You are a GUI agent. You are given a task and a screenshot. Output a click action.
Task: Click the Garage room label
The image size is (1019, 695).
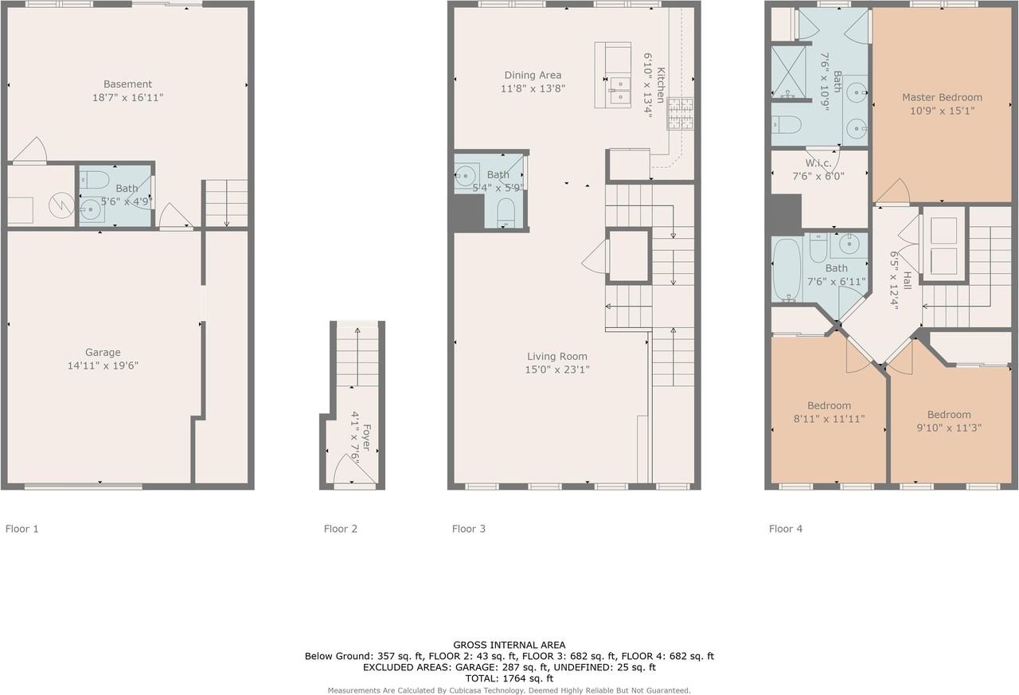click(103, 352)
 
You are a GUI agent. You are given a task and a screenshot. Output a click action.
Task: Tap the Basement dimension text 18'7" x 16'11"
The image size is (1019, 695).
click(128, 97)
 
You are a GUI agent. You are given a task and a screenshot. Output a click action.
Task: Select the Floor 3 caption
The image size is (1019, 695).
click(469, 529)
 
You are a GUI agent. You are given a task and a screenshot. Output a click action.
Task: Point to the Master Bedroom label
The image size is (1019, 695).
click(942, 97)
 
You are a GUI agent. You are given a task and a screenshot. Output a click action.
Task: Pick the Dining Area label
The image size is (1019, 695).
click(533, 75)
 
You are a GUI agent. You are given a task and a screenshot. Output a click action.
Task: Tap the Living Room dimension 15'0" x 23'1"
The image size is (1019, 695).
click(557, 369)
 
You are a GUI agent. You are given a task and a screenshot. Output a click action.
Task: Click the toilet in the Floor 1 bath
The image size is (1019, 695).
click(95, 180)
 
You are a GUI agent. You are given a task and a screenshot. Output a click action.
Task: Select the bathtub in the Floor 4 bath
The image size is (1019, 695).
click(787, 269)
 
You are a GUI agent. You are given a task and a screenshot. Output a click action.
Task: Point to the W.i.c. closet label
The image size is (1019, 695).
click(818, 163)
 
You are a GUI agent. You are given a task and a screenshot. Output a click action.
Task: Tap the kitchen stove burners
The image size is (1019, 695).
click(680, 114)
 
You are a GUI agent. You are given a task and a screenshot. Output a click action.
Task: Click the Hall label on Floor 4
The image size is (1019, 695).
click(907, 280)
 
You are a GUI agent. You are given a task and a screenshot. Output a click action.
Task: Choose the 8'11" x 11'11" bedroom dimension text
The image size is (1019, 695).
click(830, 419)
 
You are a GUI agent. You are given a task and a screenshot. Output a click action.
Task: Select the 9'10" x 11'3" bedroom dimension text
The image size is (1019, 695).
click(949, 428)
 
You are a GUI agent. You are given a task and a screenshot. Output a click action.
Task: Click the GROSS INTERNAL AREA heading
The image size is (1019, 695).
click(509, 645)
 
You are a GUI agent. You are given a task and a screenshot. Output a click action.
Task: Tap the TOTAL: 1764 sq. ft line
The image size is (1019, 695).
click(509, 678)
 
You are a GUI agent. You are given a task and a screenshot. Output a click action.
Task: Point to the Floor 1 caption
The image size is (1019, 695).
click(21, 529)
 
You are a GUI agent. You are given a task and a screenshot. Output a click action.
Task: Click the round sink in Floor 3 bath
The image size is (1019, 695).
click(466, 176)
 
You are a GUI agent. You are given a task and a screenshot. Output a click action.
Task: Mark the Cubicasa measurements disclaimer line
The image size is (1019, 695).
click(509, 690)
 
